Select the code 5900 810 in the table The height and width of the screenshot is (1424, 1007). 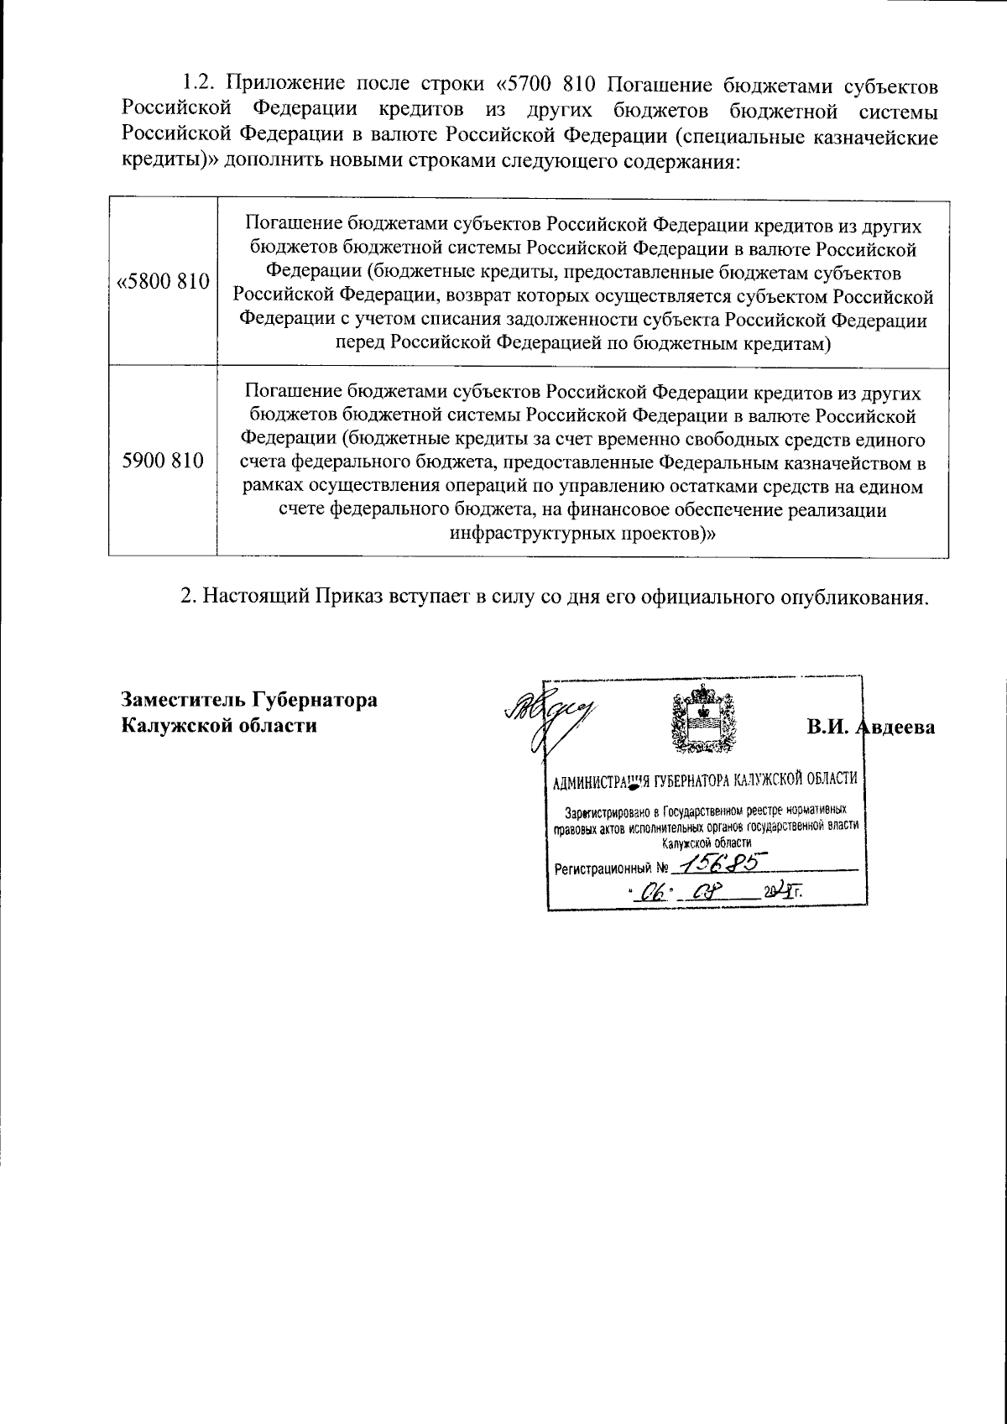click(x=163, y=461)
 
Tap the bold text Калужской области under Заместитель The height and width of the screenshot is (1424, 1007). click(x=219, y=726)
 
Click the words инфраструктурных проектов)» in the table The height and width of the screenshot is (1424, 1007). click(x=582, y=534)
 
